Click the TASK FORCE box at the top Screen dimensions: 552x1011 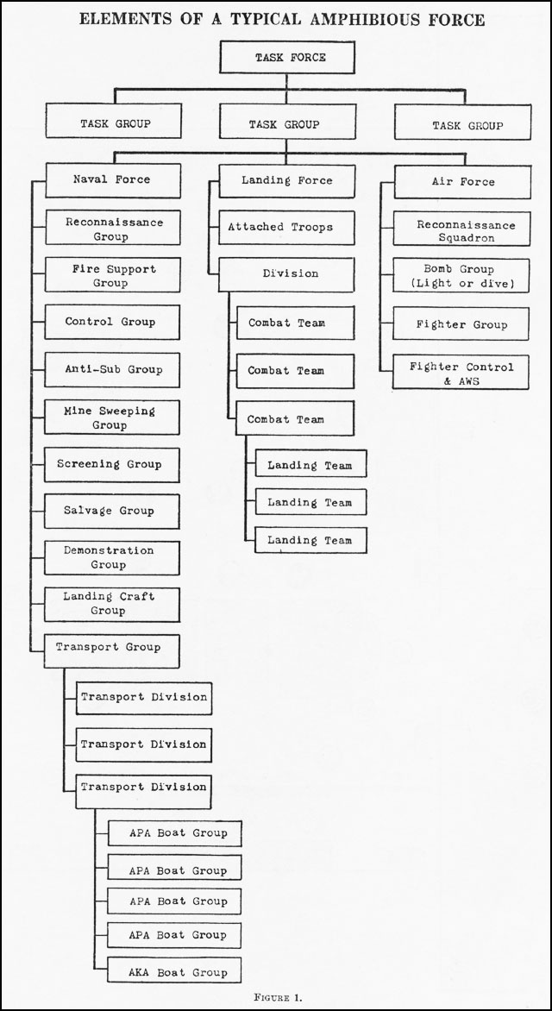click(287, 58)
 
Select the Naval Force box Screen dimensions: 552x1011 click(113, 180)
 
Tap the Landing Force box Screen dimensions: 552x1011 click(287, 181)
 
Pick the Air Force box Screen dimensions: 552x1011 click(462, 182)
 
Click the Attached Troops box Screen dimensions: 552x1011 click(286, 228)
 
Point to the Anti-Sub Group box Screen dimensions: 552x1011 click(112, 370)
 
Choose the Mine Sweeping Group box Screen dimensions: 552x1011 click(112, 418)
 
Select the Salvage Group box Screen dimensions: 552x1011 click(111, 512)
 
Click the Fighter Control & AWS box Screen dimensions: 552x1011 click(461, 372)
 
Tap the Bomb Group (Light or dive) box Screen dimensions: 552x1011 click(461, 276)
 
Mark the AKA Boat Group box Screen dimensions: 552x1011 click(174, 970)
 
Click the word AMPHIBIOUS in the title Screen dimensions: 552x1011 click(364, 19)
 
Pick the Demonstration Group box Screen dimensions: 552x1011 click(111, 558)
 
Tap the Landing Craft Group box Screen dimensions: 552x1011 click(111, 605)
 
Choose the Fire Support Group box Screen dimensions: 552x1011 click(113, 275)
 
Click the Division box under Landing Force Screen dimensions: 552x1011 click(286, 274)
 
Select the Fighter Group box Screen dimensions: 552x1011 click(461, 324)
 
